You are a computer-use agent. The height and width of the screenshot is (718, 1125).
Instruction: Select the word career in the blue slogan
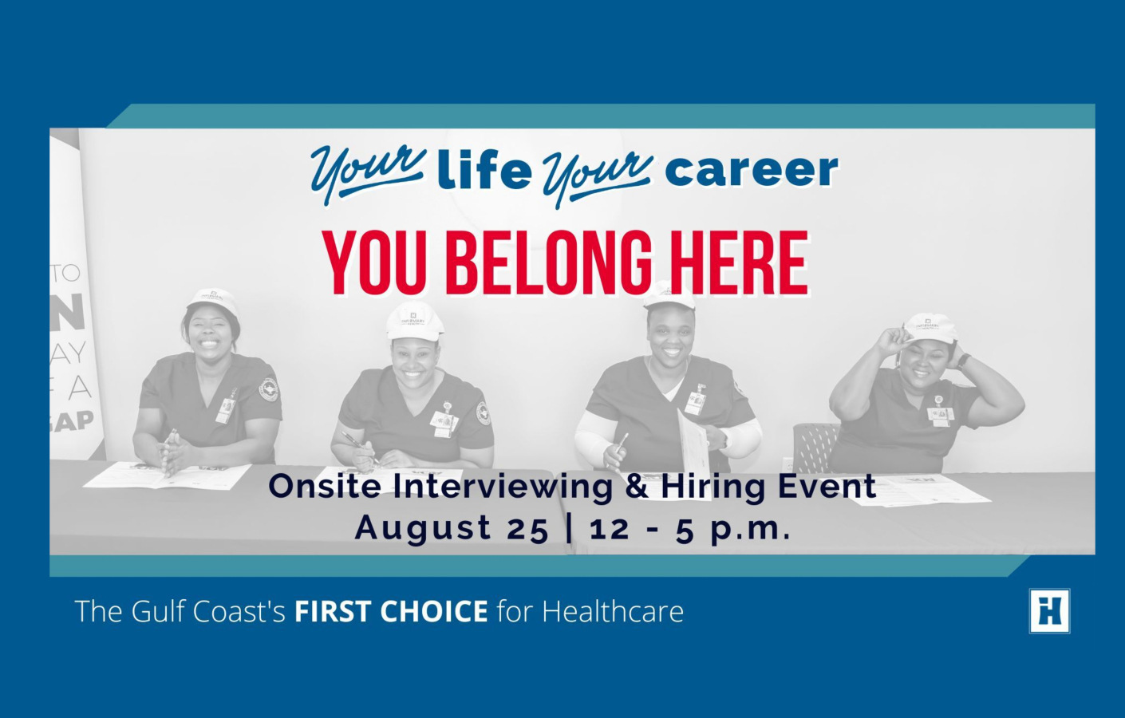pyautogui.click(x=751, y=170)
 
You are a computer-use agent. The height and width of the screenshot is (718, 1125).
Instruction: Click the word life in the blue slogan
pyautogui.click(x=484, y=170)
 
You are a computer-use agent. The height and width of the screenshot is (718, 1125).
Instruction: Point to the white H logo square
pyautogui.click(x=1049, y=611)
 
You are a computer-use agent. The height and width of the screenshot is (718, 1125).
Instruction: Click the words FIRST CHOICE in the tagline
pyautogui.click(x=391, y=612)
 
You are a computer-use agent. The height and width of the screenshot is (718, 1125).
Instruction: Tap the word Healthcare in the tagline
pyautogui.click(x=613, y=612)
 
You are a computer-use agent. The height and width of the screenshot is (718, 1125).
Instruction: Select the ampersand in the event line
pyautogui.click(x=637, y=486)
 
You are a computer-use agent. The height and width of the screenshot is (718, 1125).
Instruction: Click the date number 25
pyautogui.click(x=527, y=528)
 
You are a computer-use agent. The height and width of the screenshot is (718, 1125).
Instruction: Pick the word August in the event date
pyautogui.click(x=423, y=528)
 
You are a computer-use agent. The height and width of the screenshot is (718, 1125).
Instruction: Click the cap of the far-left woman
pyautogui.click(x=212, y=300)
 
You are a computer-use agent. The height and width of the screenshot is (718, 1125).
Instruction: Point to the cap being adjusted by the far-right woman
pyautogui.click(x=929, y=326)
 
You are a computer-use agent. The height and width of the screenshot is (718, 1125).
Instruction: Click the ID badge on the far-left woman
pyautogui.click(x=226, y=408)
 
